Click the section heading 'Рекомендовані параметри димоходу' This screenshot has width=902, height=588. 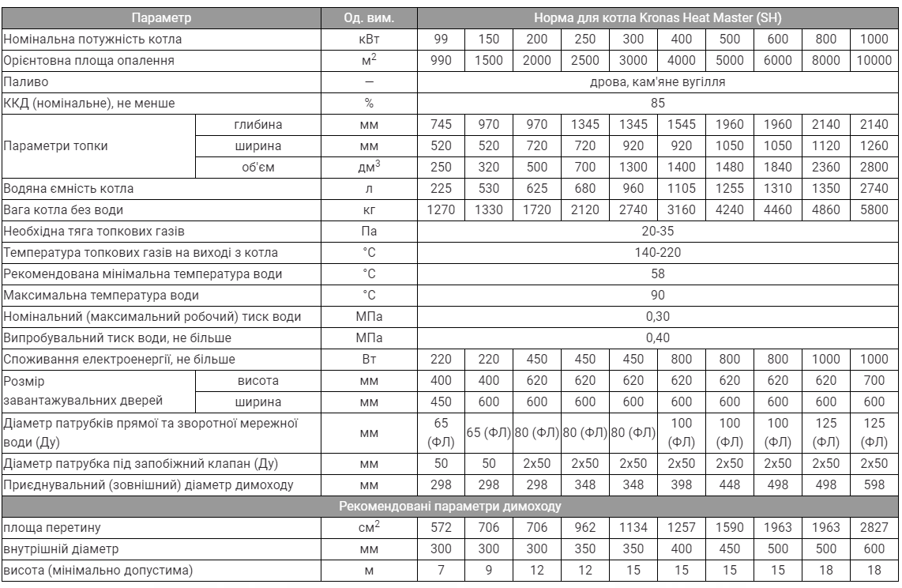450,506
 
